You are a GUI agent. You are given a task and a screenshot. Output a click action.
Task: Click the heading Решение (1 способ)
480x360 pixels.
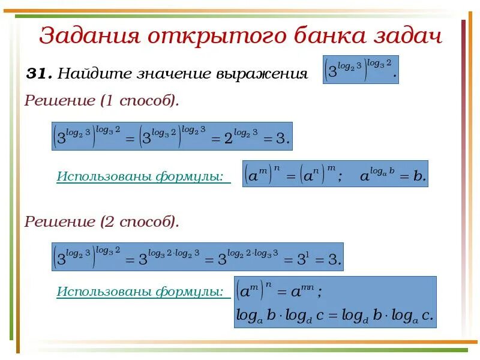click(x=101, y=101)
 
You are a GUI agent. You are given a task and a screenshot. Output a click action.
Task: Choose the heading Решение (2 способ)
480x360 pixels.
click(x=101, y=221)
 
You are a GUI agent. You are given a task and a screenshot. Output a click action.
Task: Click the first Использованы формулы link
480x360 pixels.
click(x=143, y=176)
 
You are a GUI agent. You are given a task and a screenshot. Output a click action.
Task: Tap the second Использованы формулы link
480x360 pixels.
click(x=143, y=292)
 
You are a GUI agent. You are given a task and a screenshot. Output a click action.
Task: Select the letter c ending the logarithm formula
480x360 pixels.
click(x=426, y=316)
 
